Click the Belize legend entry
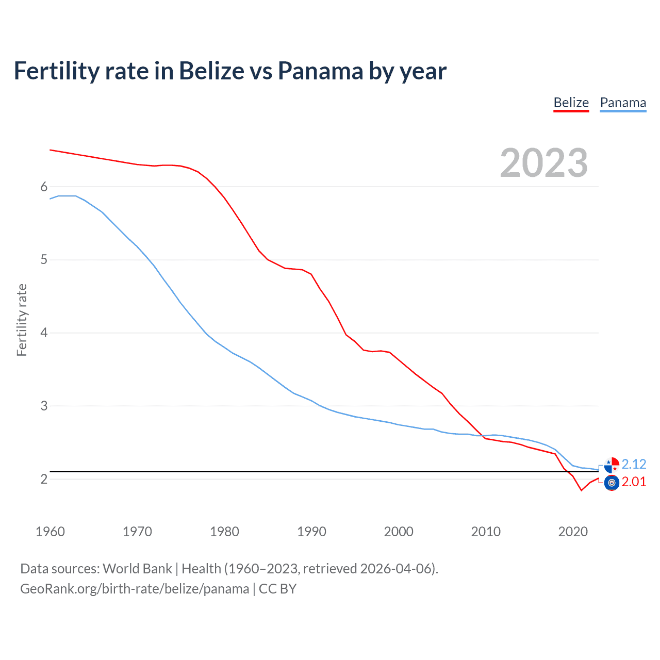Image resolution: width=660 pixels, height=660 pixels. click(x=571, y=103)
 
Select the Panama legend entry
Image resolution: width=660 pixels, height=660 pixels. click(x=623, y=103)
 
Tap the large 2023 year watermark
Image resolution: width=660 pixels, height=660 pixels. click(x=543, y=163)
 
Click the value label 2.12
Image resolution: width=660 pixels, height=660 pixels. click(x=634, y=464)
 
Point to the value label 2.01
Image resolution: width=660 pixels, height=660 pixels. click(x=634, y=482)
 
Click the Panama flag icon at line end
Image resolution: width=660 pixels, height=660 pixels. click(x=612, y=465)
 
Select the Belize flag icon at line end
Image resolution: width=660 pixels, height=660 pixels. click(x=612, y=483)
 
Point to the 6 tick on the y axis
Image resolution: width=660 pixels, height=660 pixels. click(x=44, y=187)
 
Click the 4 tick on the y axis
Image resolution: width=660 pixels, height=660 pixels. click(x=44, y=333)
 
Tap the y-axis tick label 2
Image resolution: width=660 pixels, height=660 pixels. click(x=44, y=479)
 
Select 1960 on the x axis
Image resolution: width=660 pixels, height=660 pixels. click(x=50, y=532)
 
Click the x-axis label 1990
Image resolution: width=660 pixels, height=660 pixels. click(x=311, y=532)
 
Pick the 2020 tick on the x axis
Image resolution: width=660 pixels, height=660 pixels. click(x=573, y=532)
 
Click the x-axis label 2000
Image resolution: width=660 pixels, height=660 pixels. click(x=399, y=532)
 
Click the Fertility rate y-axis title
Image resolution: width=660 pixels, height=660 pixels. click(x=22, y=320)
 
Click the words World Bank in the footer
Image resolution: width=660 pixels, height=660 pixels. click(x=137, y=569)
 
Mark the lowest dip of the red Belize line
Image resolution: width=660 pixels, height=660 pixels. click(x=581, y=490)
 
